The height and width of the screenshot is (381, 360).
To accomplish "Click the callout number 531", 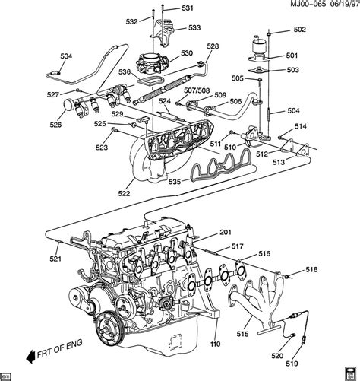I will pos(187,8).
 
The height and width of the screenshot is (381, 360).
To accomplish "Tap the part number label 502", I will pos(298,30).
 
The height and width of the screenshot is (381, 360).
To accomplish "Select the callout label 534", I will pos(66,56).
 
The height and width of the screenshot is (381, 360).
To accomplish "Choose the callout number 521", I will pos(56,259).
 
